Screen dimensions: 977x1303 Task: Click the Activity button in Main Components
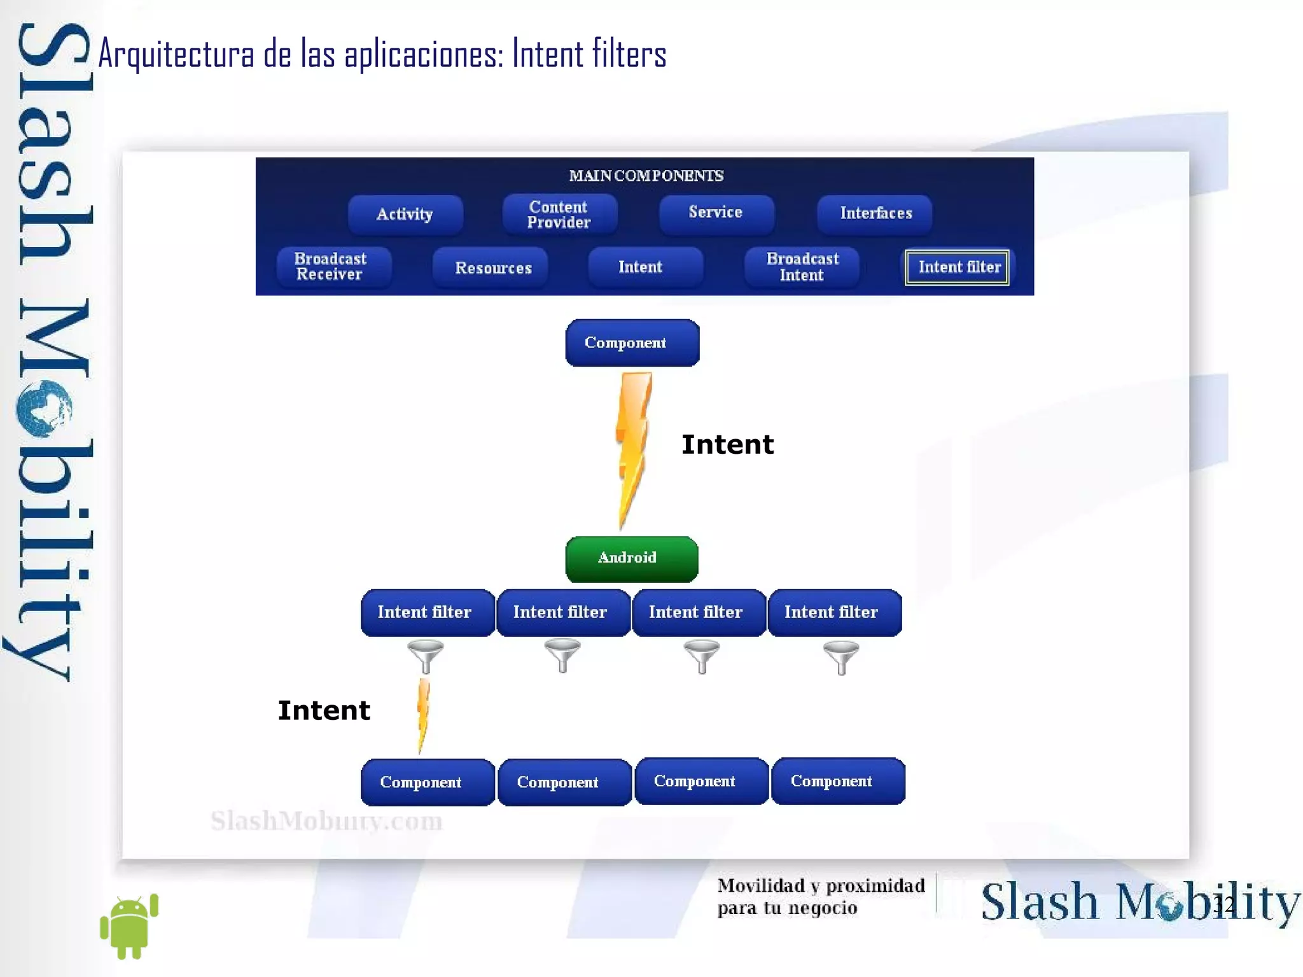[x=405, y=214]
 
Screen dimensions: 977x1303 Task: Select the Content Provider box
[x=559, y=214]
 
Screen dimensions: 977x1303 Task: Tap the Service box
[x=716, y=213]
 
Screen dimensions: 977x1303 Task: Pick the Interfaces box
[x=875, y=214]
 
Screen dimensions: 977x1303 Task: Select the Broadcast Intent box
[x=802, y=267]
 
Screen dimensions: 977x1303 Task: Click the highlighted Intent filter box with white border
[x=957, y=267]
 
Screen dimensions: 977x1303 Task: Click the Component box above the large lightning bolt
[x=632, y=343]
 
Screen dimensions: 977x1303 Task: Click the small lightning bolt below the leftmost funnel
[x=423, y=714]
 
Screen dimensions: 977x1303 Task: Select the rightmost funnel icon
[x=840, y=656]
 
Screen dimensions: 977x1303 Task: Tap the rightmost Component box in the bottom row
[x=837, y=781]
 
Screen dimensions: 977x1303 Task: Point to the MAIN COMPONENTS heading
[x=646, y=176]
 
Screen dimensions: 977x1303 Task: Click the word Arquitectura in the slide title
[x=176, y=55]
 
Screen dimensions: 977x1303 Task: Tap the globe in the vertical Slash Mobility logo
[x=43, y=408]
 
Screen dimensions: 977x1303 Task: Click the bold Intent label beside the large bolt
[x=727, y=444]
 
